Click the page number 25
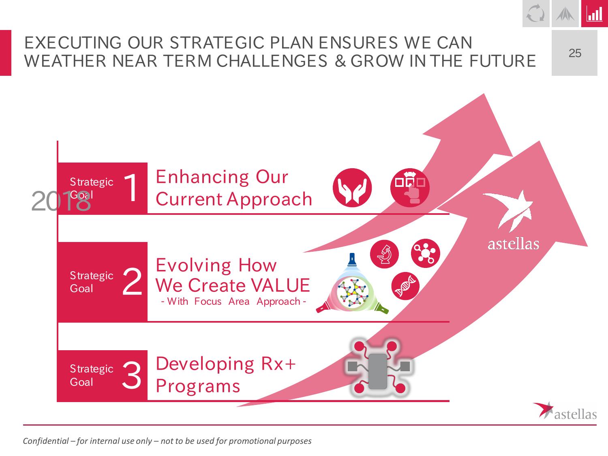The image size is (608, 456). (575, 53)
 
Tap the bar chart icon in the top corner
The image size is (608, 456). (595, 14)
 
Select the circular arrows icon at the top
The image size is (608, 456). (536, 13)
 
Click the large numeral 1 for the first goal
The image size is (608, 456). (131, 188)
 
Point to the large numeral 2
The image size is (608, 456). (133, 281)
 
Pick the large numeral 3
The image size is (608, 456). (132, 375)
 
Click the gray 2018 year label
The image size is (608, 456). (61, 201)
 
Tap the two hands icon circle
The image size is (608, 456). (352, 188)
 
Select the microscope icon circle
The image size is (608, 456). (385, 254)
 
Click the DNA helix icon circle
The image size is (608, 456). (405, 286)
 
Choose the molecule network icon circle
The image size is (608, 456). (426, 253)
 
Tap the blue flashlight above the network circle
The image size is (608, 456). (351, 260)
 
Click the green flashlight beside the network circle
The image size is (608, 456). (382, 308)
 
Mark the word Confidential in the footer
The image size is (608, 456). (46, 441)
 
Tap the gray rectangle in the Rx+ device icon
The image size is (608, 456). (378, 371)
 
